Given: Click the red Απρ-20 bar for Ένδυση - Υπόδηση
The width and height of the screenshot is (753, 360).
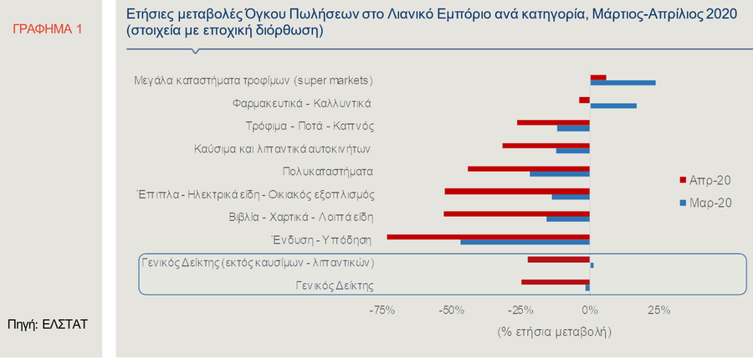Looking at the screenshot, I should pos(489,237).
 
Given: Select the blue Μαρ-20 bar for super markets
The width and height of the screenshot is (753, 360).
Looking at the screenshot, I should pos(622,83).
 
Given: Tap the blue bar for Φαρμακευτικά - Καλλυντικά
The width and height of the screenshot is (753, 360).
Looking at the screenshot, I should pos(613,105).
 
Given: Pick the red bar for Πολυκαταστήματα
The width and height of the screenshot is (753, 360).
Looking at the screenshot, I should pos(529,168).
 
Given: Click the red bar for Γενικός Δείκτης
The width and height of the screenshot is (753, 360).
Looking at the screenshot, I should pos(556,282).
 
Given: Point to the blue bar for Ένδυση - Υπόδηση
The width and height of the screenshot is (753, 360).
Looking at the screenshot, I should pos(525,243).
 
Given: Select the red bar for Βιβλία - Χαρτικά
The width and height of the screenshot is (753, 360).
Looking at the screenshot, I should pos(517,214).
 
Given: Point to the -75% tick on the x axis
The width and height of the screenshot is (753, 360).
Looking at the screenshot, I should pos(383,311).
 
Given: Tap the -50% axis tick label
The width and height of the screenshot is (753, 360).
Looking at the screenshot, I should pos(452,311).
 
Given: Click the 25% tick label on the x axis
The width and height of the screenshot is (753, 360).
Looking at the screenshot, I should pos(659,311).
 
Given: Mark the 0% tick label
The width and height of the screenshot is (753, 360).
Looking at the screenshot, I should pos(591,311).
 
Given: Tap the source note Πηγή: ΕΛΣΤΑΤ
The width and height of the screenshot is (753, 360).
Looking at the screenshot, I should pos(48,322).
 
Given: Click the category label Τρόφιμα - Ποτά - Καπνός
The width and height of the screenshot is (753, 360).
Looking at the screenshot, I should pos(309,126).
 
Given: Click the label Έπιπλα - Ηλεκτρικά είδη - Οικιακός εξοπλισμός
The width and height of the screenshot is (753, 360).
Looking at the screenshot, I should pos(255,194).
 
